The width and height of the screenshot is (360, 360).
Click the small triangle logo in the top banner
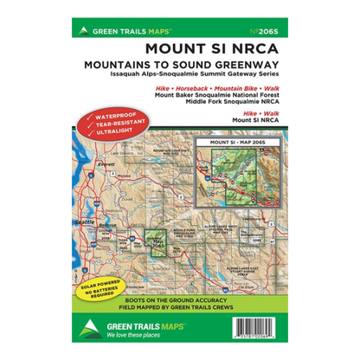tap(83, 29)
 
